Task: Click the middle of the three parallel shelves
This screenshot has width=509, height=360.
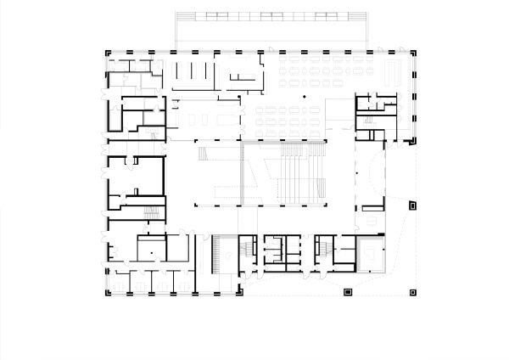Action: pos(193,73)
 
